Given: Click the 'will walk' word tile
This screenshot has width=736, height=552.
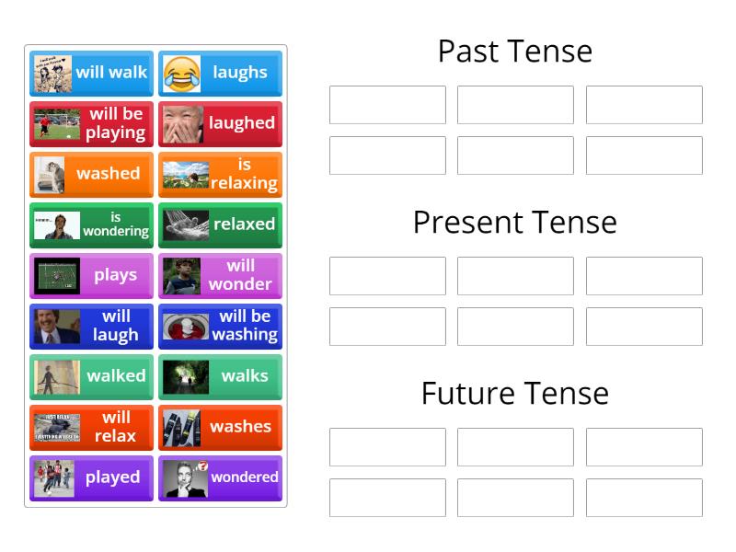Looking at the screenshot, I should click(91, 73).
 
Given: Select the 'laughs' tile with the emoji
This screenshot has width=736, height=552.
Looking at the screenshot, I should click(220, 73).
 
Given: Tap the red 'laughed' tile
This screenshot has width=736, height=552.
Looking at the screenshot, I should click(220, 123).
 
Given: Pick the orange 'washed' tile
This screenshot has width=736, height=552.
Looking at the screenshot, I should click(91, 174).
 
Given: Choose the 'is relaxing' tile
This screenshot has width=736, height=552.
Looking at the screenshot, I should click(220, 174).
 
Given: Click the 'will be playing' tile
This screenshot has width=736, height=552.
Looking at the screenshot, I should click(91, 123).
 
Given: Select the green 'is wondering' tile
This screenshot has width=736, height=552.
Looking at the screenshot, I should click(91, 224).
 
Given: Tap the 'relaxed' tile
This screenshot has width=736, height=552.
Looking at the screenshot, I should click(220, 224).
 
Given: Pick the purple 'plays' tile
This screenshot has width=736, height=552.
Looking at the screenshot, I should click(91, 275).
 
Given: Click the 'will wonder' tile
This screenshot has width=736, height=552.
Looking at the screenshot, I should click(220, 275).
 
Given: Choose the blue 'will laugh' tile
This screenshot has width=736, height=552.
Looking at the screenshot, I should click(91, 326).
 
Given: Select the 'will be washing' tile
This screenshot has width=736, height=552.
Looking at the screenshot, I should click(220, 326).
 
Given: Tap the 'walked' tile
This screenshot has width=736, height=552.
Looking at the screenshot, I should click(91, 376).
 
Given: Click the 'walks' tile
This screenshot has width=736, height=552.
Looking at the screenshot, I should click(220, 376).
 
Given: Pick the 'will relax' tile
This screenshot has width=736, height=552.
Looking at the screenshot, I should click(91, 427).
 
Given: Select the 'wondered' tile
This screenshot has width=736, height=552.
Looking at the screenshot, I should click(220, 477).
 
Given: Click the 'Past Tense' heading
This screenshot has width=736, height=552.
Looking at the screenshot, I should click(514, 51).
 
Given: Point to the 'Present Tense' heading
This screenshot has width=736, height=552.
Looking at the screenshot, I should click(514, 222).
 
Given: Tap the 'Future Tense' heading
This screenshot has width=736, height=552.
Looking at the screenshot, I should click(514, 393).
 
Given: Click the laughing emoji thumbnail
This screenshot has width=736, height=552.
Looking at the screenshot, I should click(182, 74).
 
